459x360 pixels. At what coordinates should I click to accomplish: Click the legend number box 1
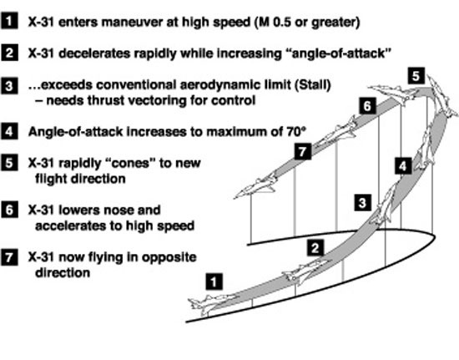pos(9,21)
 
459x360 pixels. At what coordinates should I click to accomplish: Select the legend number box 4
pos(9,131)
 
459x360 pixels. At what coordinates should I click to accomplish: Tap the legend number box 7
pos(9,257)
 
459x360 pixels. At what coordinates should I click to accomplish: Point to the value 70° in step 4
pos(295,131)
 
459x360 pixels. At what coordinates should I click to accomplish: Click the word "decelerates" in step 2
pos(94,53)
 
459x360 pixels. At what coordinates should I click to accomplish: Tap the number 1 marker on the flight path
pos(214,281)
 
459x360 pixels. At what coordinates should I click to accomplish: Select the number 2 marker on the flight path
pos(315,248)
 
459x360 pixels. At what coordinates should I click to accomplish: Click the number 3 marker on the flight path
pos(363,202)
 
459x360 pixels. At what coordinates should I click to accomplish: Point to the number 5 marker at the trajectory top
pos(416,76)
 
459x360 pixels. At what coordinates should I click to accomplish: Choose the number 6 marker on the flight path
pos(367,106)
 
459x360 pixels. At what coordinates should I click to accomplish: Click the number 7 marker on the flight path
pos(303,151)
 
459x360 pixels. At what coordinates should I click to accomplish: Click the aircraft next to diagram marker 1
pos(212,304)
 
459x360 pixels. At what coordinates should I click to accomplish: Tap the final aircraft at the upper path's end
pos(255,185)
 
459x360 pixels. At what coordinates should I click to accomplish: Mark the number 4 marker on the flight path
pos(403,166)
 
